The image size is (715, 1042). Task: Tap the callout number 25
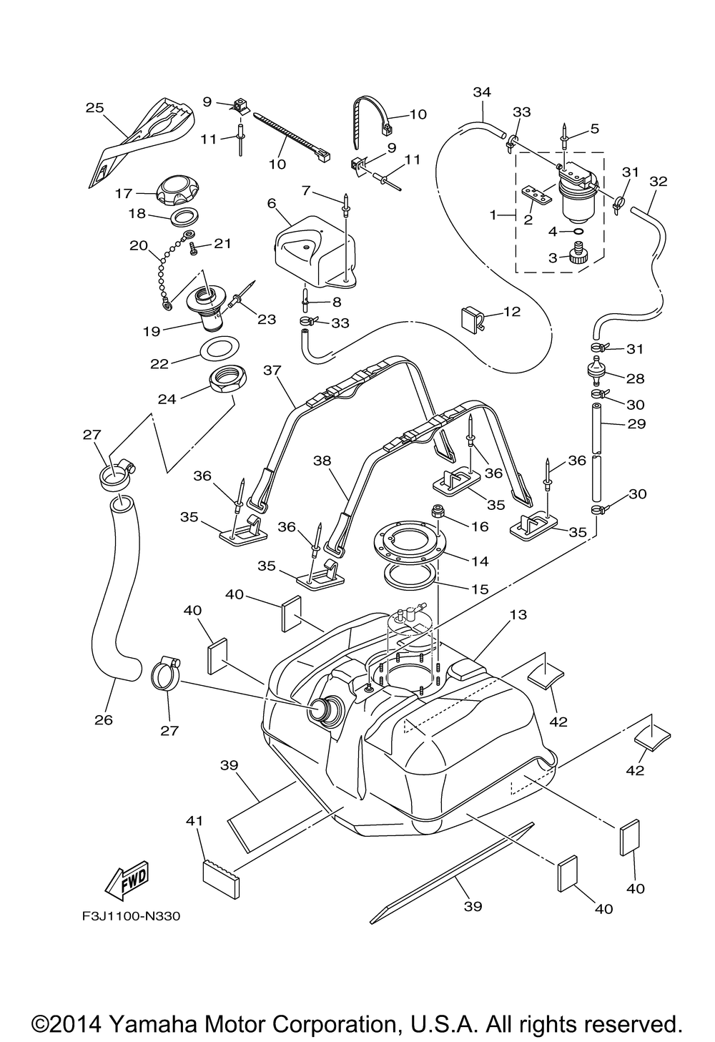pos(94,109)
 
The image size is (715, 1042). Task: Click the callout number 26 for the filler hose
pos(104,719)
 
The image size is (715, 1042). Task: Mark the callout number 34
pos(483,92)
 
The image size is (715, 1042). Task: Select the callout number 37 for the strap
pos(272,370)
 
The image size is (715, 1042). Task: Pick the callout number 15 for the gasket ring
pos(480,590)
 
